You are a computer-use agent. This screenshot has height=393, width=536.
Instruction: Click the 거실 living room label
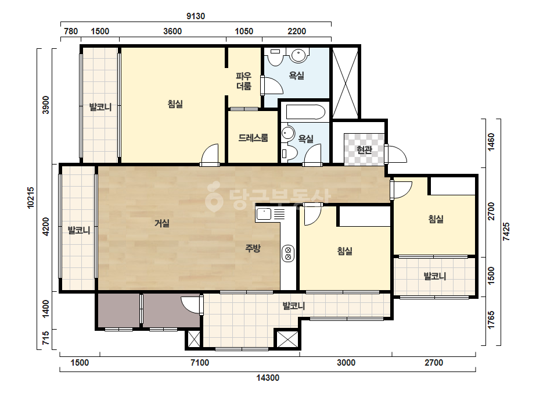(x=162, y=224)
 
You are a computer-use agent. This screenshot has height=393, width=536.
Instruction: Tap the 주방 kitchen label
(x=253, y=248)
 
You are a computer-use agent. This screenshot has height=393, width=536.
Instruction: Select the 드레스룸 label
(x=253, y=138)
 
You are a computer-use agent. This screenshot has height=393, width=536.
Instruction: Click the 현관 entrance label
(x=364, y=150)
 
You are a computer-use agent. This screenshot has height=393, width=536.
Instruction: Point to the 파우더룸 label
(x=244, y=81)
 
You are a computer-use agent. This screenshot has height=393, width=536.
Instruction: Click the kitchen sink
(x=264, y=215)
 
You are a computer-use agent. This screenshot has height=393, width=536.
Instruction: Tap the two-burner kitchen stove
(x=288, y=253)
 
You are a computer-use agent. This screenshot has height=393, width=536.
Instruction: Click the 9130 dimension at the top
(x=196, y=16)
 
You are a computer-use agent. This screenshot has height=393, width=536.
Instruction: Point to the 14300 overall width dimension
(x=268, y=378)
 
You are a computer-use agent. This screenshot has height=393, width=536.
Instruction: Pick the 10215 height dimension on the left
(x=31, y=198)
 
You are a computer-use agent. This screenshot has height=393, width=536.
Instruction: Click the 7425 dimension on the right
(x=506, y=232)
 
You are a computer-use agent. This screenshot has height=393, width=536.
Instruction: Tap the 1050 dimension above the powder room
(x=244, y=31)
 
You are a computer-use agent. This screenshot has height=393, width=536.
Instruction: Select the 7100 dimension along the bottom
(x=200, y=363)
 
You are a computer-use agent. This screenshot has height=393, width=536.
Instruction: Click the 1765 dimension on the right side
(x=491, y=320)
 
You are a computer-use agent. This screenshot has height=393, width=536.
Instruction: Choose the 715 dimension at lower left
(x=45, y=338)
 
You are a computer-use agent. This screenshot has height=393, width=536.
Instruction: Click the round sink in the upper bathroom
(x=298, y=55)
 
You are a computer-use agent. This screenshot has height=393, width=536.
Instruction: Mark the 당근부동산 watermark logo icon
(x=213, y=197)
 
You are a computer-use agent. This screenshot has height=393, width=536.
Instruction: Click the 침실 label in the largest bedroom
(x=175, y=104)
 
